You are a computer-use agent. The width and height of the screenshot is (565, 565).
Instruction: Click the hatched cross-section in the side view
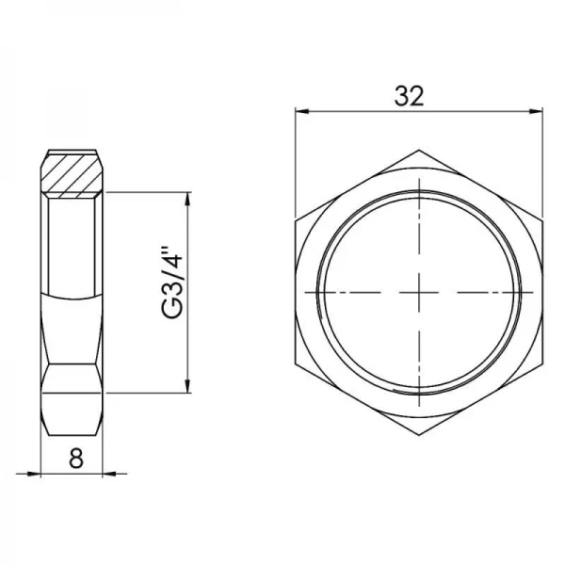pyautogui.click(x=75, y=175)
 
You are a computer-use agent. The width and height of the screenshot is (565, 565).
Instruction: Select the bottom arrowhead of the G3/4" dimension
pyautogui.click(x=191, y=384)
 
